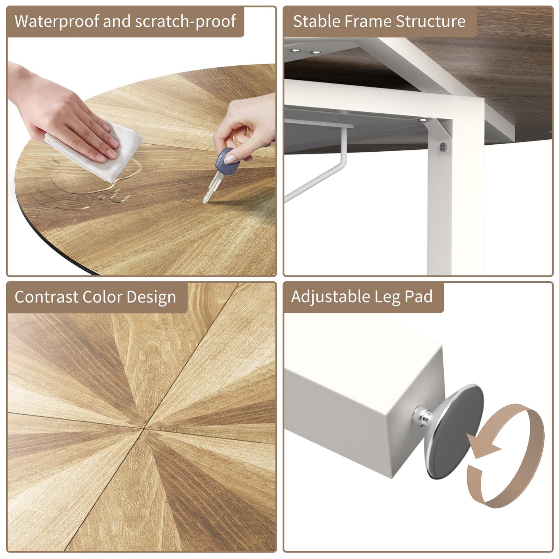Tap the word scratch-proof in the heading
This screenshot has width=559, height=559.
(185, 21)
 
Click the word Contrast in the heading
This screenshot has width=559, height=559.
(46, 297)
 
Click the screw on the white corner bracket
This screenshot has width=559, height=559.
(443, 147)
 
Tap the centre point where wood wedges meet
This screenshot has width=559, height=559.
(143, 429)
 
